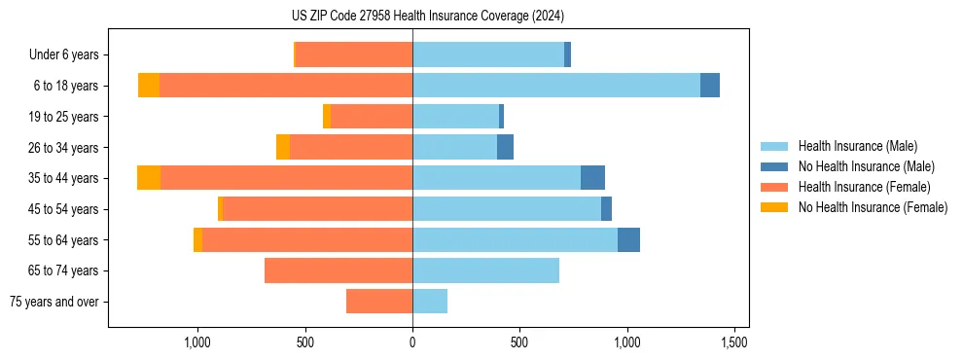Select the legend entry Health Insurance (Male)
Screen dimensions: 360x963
pos(857,146)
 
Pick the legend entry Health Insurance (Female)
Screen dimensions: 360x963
pos(864,187)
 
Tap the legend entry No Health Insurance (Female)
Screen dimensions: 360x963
pos(873,207)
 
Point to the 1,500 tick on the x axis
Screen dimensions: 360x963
pos(734,342)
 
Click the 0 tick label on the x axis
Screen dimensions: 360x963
pos(412,342)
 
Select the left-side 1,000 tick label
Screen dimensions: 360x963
pos(197,342)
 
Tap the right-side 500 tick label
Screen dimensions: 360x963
pos(519,342)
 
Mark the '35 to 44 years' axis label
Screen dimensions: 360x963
pos(65,178)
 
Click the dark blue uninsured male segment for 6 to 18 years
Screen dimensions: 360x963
pos(710,86)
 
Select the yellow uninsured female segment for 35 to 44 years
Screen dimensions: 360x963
pos(149,178)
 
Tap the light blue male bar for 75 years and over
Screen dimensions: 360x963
pos(430,302)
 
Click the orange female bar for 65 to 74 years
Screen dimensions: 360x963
pos(339,270)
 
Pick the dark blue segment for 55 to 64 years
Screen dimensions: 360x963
pos(628,239)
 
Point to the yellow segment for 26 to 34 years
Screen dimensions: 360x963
pos(283,147)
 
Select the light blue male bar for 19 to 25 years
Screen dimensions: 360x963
pos(455,117)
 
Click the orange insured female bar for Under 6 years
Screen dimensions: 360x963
pos(354,54)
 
